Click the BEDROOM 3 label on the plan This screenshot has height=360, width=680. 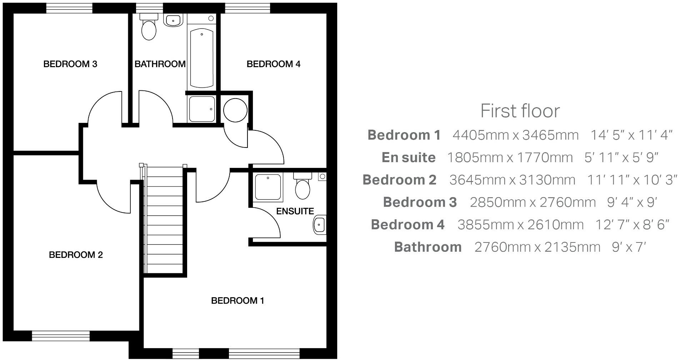coord(70,64)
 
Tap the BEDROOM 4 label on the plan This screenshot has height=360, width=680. coord(273,64)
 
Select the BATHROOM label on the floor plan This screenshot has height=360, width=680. coord(160,64)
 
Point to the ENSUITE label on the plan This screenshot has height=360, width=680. coord(295,211)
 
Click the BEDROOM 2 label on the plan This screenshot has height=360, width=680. coord(76,255)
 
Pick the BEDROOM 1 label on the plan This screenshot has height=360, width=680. coord(237,301)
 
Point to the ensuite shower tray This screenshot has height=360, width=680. coord(268,187)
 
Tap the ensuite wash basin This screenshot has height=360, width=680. coord(319,225)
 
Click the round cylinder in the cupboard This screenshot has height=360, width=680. coord(235,110)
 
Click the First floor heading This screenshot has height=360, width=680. coord(520,111)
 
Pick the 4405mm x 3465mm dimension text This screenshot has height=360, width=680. coord(515,135)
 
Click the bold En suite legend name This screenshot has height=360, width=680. coord(409,157)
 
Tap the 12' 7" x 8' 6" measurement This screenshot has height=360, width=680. coord(632,225)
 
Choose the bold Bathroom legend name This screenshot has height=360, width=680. coord(427,247)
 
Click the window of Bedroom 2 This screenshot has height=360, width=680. coord(61,336)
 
